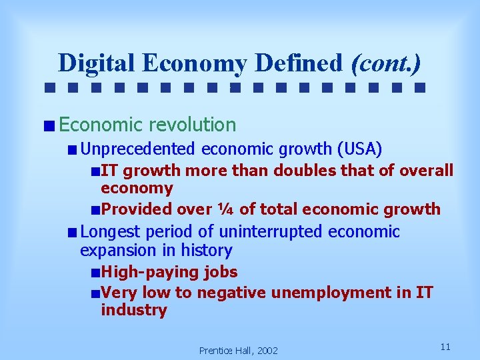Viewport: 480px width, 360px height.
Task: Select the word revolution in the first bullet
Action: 193,125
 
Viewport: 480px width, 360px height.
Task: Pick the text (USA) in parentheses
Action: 360,149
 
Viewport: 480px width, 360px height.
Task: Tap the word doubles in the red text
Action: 303,171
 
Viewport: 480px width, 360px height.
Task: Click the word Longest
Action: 109,232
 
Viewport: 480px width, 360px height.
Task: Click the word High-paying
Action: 146,272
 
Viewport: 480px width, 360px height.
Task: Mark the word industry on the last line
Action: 134,310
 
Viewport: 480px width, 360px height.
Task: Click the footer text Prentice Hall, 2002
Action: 239,350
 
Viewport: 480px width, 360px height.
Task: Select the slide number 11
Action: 445,347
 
